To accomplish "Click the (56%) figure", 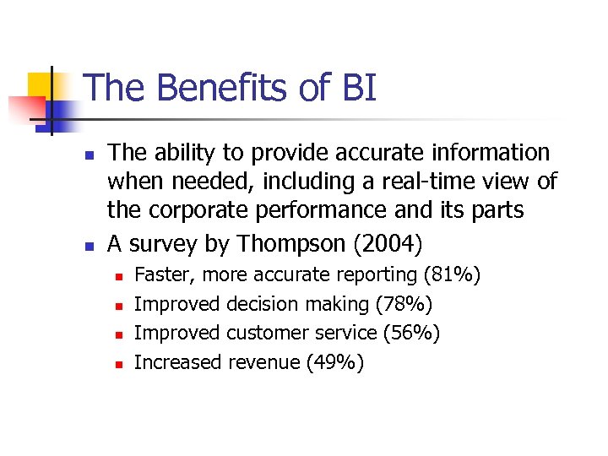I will pos(411,334).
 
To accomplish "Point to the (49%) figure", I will pos(335,363).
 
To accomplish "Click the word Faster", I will pos(166,275).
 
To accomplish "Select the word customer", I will pos(262,334).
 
